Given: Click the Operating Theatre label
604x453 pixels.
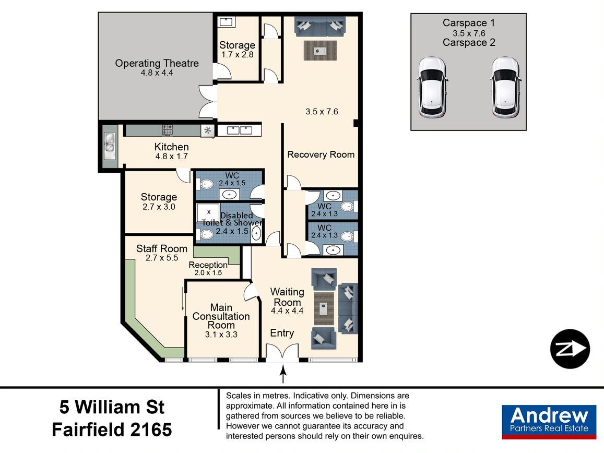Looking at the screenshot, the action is click(157, 63).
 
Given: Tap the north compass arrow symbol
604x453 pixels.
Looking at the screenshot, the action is click(570, 349).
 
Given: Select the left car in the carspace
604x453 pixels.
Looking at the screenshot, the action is click(432, 88).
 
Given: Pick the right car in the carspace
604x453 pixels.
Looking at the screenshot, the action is click(506, 87).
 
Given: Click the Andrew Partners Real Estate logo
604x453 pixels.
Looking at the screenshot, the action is click(549, 422).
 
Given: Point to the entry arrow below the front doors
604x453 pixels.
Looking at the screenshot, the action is click(283, 374).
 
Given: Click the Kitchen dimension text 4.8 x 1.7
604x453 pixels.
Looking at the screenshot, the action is click(171, 157).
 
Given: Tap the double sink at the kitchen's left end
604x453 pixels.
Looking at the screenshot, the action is click(110, 146).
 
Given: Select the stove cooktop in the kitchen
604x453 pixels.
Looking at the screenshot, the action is click(167, 130).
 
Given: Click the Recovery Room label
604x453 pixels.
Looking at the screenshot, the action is click(321, 154).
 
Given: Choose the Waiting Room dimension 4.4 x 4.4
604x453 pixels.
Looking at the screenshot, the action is click(287, 311).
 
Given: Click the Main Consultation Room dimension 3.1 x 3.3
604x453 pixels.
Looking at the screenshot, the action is click(221, 335).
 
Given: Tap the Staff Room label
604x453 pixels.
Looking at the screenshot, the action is click(162, 248).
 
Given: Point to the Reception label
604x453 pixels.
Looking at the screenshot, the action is click(208, 265).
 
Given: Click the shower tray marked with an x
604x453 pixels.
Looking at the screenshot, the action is click(208, 212).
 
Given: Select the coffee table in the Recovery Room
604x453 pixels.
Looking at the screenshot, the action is click(320, 51).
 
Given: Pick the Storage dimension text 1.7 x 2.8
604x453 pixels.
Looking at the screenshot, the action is click(238, 55).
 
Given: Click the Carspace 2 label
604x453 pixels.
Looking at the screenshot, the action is click(469, 42).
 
